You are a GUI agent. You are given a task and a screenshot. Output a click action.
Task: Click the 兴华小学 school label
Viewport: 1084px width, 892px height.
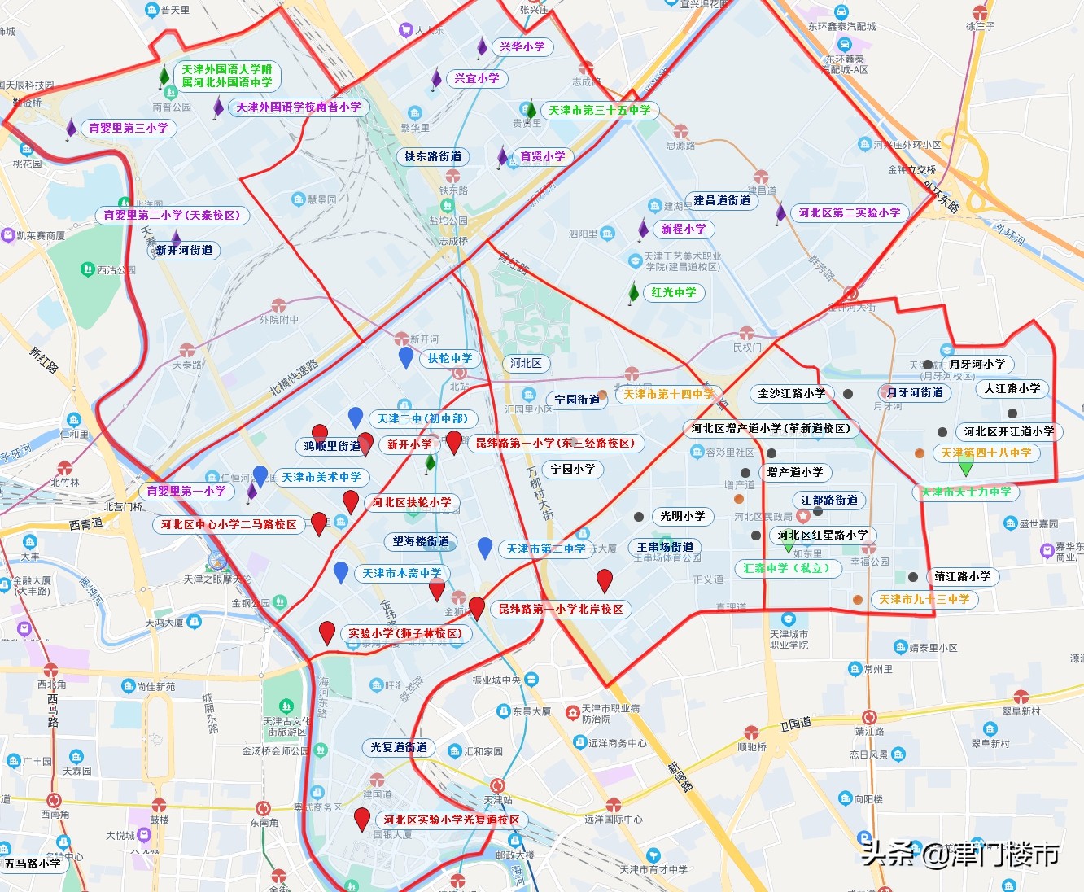tap(522, 47)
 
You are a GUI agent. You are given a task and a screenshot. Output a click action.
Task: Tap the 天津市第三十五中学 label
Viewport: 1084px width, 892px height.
tap(600, 111)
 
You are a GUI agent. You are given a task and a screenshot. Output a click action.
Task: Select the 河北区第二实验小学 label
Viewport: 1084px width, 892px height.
tap(849, 213)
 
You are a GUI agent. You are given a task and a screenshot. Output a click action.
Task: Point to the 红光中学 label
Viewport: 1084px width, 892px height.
tap(674, 293)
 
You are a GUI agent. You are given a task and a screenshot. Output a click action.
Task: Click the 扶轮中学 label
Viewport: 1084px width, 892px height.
tap(450, 358)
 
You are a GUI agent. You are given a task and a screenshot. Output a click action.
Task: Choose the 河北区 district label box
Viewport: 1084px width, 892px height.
tap(525, 363)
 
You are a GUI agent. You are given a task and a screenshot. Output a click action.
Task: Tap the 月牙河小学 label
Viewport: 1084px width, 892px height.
tap(977, 365)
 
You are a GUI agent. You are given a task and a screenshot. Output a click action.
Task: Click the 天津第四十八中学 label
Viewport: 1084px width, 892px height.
tap(986, 453)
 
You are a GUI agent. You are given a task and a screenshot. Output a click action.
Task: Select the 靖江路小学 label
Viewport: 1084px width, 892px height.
tap(963, 577)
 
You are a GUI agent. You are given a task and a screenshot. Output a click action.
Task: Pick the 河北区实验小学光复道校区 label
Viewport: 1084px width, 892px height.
tap(452, 820)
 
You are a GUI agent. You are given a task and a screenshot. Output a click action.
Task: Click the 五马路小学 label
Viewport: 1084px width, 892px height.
tap(33, 864)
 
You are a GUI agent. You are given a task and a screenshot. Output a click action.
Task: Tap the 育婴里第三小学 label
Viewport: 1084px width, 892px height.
tap(129, 129)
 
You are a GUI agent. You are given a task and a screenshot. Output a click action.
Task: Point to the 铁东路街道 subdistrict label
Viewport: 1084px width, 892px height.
tap(433, 157)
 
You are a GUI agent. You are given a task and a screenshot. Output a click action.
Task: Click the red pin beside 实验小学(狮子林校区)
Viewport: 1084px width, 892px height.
tap(327, 632)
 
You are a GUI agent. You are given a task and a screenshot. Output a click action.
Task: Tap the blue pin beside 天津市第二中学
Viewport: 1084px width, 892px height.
tap(485, 548)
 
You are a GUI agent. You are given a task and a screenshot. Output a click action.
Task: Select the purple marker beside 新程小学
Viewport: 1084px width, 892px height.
tap(643, 229)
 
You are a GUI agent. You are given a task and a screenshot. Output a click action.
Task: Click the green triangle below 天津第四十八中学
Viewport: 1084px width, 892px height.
tap(966, 468)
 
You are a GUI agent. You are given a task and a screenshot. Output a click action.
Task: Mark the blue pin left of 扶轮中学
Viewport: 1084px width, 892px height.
tap(406, 356)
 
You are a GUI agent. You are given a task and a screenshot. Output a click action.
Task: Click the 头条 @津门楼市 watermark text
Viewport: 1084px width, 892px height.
tap(960, 854)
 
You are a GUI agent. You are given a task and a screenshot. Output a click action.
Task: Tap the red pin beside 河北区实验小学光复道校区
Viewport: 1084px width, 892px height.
tap(362, 818)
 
